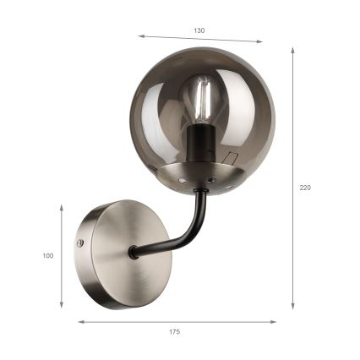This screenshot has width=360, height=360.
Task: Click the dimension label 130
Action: [199, 30]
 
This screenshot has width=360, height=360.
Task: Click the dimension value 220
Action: [305, 188]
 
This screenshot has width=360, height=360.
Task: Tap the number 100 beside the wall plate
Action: [48, 255]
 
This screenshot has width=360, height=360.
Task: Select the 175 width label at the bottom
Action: [174, 332]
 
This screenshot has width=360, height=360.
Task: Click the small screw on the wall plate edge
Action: [81, 243]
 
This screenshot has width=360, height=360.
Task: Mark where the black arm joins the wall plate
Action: [134, 251]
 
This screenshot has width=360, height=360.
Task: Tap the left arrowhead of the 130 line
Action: [141, 36]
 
